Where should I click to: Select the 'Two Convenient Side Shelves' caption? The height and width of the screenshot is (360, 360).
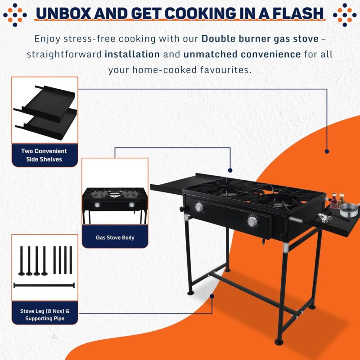coord(44,155)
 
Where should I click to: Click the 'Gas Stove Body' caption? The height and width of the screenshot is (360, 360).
coord(115,237)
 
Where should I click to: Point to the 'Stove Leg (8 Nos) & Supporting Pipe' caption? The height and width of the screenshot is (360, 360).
coord(45,314)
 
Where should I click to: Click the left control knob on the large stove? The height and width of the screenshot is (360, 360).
coord(199,207)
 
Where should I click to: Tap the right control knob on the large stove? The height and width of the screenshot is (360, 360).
coord(252,221)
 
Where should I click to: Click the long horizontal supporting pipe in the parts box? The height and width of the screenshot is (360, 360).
coord(44,286)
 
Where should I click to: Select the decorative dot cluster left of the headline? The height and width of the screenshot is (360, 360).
coord(15,15)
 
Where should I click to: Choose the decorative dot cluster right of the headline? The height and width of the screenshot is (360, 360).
coord(345,15)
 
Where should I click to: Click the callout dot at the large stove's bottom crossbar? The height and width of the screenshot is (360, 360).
coord(212,296)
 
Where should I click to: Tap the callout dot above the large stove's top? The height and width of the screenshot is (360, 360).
coord(230,170)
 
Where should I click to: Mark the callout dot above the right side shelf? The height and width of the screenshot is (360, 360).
coord(327,151)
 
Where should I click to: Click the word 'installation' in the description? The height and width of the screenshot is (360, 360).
coord(132,55)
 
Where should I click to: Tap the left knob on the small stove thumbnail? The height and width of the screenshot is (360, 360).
coord(97,205)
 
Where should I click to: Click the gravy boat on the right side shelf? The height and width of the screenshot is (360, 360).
coord(324,218)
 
